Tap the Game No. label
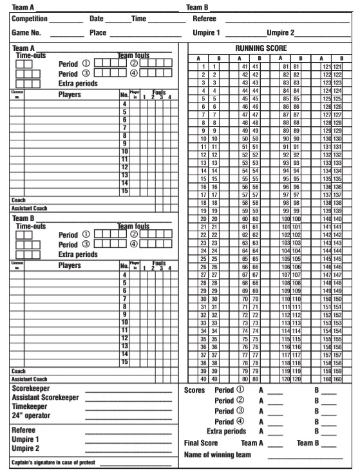(x=26, y=32)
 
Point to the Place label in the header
(x=98, y=32)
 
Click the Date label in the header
(x=96, y=19)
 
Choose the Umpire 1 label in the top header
(x=205, y=32)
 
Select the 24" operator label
(x=33, y=417)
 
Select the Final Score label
(x=202, y=443)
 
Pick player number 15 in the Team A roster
(x=124, y=191)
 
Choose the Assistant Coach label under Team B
(x=26, y=379)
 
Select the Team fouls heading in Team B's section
(x=133, y=227)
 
